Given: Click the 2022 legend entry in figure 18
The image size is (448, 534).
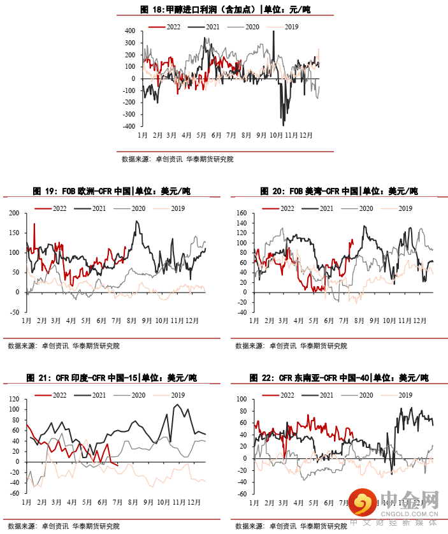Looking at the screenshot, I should [165, 27].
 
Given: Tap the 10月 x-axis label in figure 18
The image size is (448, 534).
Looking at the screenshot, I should [276, 135].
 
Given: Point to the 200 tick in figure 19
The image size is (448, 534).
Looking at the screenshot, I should [15, 213].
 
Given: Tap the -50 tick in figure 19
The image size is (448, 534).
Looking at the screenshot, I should [14, 312].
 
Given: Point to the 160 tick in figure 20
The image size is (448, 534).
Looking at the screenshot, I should [241, 213].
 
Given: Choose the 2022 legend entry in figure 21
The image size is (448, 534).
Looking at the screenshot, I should [52, 396].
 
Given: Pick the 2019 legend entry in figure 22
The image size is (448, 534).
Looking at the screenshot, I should [397, 396].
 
